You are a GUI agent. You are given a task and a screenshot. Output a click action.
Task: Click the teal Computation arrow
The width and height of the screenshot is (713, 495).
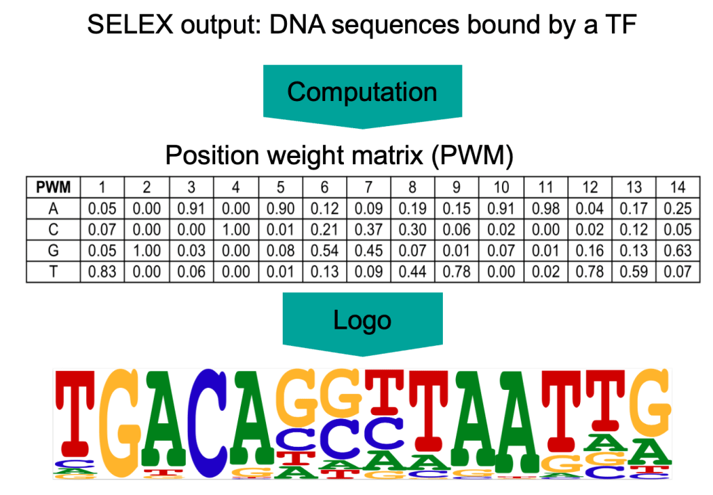362,93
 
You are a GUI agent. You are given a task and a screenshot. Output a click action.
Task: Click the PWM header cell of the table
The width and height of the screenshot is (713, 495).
53,187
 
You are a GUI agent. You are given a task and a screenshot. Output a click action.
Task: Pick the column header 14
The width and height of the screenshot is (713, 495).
677,187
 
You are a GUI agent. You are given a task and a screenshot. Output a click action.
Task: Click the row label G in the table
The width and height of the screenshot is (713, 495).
53,251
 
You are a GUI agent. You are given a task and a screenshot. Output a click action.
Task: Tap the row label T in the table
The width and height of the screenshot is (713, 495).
53,272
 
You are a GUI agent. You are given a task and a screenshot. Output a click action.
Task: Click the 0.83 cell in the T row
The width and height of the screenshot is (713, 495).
102,272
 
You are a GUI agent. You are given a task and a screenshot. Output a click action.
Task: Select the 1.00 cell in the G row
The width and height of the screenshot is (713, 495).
146,251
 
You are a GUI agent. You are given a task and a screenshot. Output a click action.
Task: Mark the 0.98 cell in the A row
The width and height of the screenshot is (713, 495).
545,209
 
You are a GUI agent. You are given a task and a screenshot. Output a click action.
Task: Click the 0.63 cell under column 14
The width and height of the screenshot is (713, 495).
677,251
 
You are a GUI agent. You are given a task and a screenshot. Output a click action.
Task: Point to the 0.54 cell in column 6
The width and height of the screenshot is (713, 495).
324,251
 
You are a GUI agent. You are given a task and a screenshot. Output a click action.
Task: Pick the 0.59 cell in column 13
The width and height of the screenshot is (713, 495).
634,272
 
